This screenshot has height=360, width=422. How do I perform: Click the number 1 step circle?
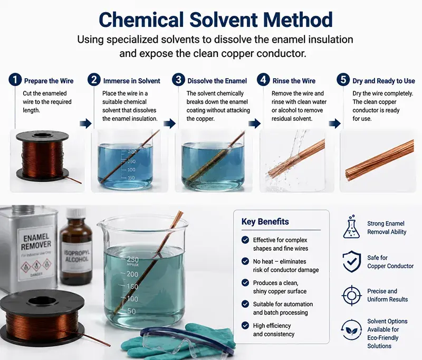tap(15, 80)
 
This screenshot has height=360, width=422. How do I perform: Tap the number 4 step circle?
tap(263, 80)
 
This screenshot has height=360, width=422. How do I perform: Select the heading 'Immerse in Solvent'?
tap(131, 81)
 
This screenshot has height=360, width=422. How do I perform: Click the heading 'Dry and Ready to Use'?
tap(384, 81)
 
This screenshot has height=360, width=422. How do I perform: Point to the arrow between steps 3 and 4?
tap(254, 124)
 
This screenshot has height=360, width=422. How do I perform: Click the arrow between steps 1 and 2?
tap(85, 124)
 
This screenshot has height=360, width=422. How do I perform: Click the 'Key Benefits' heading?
tap(265, 222)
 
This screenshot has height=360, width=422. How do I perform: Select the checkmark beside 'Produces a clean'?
tap(245, 282)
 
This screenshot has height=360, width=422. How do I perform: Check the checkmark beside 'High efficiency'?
tap(245, 325)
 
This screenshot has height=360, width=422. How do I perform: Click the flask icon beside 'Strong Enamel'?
tap(351, 227)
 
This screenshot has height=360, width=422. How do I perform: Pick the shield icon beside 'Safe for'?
tap(351, 261)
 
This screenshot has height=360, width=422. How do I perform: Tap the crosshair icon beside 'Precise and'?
tap(351, 296)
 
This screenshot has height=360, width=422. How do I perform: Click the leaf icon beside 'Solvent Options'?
tap(351, 329)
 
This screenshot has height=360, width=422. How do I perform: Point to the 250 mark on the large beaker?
tap(133, 259)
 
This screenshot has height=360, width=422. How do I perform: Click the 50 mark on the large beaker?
tap(131, 311)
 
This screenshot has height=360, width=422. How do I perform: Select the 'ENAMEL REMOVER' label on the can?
tap(36, 241)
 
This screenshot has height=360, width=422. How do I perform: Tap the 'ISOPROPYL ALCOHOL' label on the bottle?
tap(76, 255)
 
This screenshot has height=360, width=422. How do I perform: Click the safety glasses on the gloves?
tap(186, 340)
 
